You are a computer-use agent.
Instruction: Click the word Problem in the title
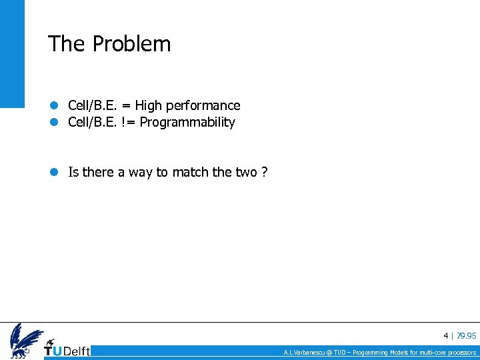pyautogui.click(x=131, y=44)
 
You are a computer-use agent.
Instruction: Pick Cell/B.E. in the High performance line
pyautogui.click(x=93, y=105)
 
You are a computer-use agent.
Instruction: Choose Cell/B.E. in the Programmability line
pyautogui.click(x=93, y=123)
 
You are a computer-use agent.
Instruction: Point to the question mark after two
pyautogui.click(x=265, y=173)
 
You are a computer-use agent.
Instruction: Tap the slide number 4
pyautogui.click(x=445, y=335)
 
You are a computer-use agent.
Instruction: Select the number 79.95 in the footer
pyautogui.click(x=466, y=335)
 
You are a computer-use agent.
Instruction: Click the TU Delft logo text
pyautogui.click(x=67, y=351)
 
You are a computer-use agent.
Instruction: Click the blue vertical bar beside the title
pyautogui.click(x=11, y=53)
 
